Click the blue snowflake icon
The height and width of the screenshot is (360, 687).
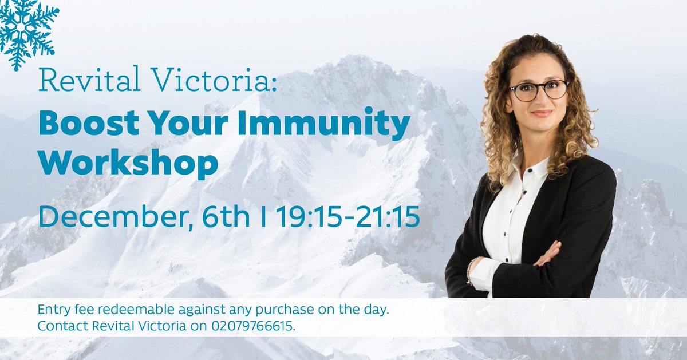tap(26, 31)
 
